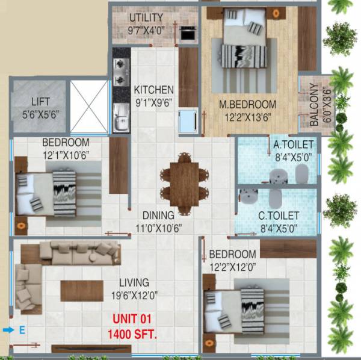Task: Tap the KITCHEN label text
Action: [153, 90]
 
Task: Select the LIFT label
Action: [37, 102]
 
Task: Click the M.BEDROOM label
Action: [247, 104]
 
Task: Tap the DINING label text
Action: [158, 215]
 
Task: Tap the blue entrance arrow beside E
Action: [8, 330]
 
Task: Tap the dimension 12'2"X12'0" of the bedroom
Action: [232, 266]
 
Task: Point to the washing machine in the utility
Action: [188, 33]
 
